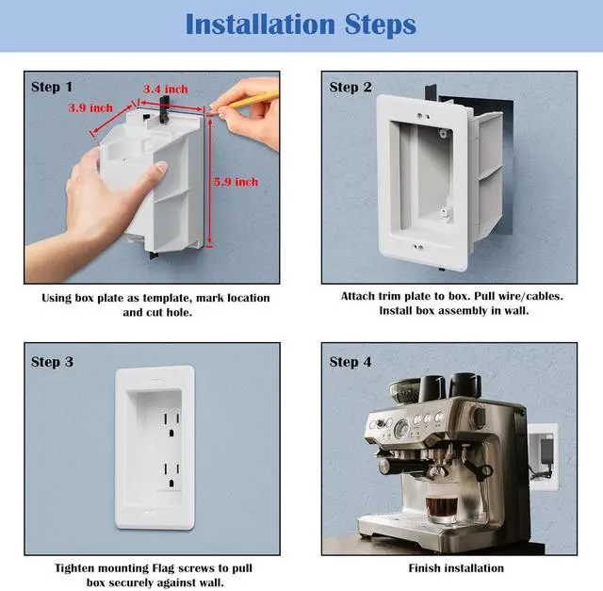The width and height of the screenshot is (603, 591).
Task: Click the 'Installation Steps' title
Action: (301, 25)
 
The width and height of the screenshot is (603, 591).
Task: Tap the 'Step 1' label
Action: (52, 87)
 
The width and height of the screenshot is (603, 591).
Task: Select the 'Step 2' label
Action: (350, 87)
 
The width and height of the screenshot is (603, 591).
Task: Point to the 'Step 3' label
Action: (52, 362)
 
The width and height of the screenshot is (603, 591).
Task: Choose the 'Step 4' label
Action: (350, 362)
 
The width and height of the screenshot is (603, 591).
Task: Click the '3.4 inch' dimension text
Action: (166, 90)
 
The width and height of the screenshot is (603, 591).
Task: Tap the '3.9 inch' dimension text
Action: (90, 107)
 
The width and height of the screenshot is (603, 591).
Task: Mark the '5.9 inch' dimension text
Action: (236, 182)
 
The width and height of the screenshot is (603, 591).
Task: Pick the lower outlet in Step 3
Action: (171, 473)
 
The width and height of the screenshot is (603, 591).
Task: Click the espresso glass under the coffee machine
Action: (441, 508)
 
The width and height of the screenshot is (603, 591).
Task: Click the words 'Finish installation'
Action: (456, 568)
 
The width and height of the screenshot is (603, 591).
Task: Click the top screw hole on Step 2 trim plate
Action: (422, 115)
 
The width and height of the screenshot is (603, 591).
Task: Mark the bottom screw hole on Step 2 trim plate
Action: (418, 245)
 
